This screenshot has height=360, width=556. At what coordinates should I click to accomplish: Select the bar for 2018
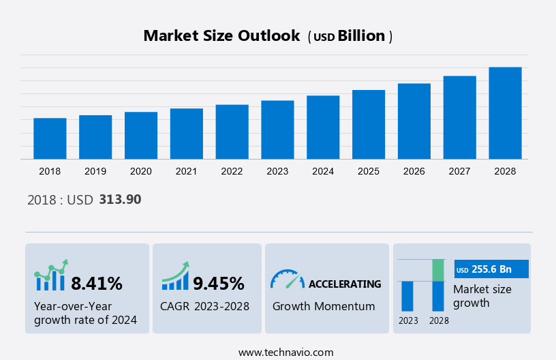point(50,138)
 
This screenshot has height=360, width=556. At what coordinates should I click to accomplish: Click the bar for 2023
point(277,130)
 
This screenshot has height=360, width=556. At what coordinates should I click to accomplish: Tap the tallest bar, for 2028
point(505,113)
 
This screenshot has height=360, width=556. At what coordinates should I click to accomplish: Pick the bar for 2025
point(369,125)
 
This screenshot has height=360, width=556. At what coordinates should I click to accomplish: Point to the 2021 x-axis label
point(187,171)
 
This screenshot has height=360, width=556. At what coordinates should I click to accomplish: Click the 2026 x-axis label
point(414,171)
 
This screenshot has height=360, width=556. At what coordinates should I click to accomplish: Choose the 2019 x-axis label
point(95,171)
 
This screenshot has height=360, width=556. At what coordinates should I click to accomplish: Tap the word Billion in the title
point(361,36)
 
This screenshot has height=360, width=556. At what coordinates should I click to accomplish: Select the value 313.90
point(120,200)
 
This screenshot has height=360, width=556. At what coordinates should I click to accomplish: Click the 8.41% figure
point(97,283)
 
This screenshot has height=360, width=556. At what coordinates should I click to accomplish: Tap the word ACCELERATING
point(345,284)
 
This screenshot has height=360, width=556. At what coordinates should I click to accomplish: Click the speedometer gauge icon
point(287,278)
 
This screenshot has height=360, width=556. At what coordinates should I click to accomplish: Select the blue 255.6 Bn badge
point(491,269)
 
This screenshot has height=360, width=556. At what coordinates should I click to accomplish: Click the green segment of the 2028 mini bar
point(438,270)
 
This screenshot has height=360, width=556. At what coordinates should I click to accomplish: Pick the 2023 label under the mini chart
point(408,320)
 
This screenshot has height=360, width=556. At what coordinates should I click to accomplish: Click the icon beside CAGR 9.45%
point(175,276)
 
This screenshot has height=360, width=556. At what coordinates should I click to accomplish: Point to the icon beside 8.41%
point(51,275)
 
